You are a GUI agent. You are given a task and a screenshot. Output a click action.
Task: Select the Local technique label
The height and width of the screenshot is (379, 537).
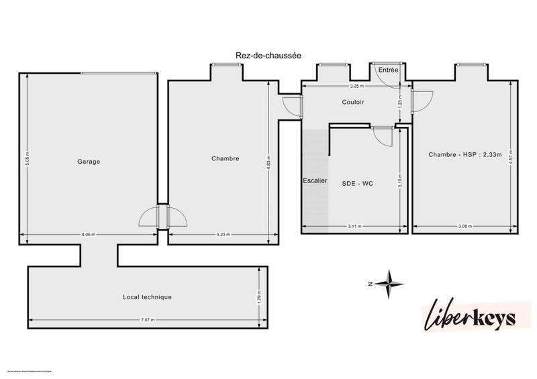(147, 296)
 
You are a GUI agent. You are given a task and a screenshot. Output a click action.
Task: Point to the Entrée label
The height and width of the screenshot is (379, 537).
(387, 70)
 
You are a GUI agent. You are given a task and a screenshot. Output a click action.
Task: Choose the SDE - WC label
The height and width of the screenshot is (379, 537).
(357, 183)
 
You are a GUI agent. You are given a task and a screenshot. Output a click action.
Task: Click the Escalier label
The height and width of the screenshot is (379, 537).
(314, 181)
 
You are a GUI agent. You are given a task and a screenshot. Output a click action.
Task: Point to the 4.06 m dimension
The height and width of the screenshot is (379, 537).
(88, 235)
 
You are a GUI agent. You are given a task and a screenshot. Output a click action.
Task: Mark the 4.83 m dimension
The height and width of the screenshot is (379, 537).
(268, 162)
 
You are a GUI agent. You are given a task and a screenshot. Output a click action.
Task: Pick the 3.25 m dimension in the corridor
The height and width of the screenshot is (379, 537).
(356, 87)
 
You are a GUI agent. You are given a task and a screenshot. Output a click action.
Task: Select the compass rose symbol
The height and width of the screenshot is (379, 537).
(388, 284)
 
